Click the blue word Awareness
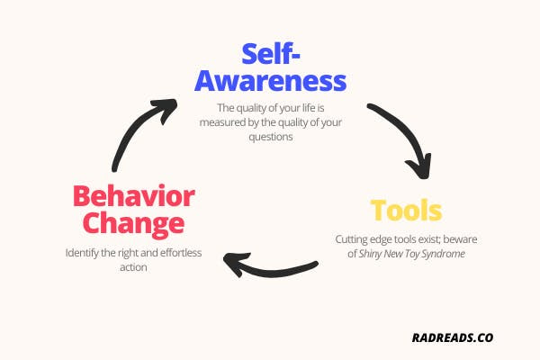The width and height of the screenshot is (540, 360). click(x=270, y=81)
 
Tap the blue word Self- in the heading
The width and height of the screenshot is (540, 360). click(x=271, y=54)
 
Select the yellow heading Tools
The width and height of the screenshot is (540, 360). click(x=406, y=210)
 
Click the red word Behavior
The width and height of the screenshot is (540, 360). click(x=133, y=196)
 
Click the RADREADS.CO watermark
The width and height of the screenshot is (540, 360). click(x=453, y=337)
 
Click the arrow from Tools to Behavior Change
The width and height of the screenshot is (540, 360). click(x=270, y=267)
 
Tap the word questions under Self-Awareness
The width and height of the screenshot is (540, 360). click(x=271, y=137)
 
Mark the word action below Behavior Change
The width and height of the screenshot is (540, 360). click(x=133, y=267)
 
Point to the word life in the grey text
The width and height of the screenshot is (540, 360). click(x=309, y=108)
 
